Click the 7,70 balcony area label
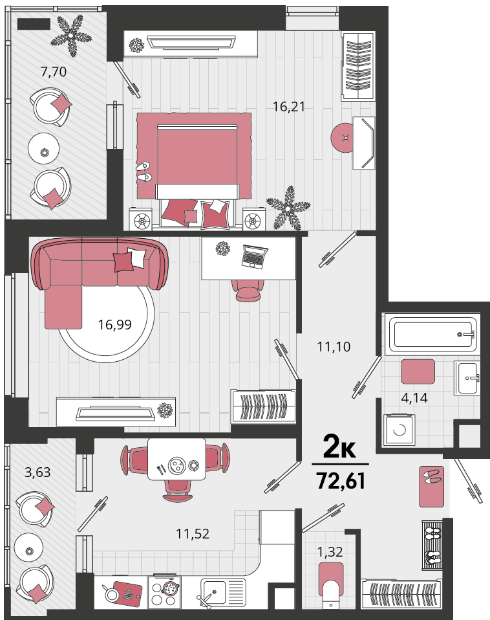pos(53,72)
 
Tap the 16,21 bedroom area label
pos(289,106)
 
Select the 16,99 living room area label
pos(114,325)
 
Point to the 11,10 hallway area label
pos(334,347)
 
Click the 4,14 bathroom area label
pos(414,398)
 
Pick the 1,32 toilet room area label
pos(330,551)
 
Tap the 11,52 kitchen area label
pos(193,534)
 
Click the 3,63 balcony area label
pos(37,472)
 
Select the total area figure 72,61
pos(341,481)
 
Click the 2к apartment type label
pos(339,447)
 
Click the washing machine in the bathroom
pos(399,430)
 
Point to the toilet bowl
pos(331,585)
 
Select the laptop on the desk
pos(254,257)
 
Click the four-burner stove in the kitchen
pos(164,592)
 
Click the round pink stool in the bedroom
pos(343,137)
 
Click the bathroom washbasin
pos(467,378)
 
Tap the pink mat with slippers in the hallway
pos(431,486)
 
